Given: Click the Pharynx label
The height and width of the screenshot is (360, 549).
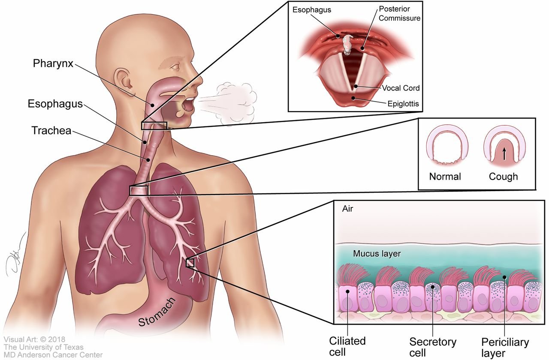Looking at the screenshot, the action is pos(53,64).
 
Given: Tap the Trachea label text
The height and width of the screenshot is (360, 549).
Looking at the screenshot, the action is pos(51,131).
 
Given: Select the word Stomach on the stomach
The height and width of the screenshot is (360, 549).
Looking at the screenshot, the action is pos(157,312).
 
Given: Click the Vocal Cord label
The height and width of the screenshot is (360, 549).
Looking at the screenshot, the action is pos(401,88).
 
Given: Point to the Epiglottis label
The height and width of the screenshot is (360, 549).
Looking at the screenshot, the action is pos(403,104).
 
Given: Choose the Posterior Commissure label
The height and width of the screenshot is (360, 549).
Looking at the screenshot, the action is pos(399,13).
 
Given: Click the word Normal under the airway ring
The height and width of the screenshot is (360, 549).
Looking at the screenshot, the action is pos(445,177).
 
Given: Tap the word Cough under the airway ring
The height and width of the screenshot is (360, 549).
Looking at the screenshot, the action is pos(504,177).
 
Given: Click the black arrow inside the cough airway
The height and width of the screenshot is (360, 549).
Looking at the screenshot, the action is pos(504,154).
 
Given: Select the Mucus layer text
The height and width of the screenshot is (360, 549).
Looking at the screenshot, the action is pos(377,254).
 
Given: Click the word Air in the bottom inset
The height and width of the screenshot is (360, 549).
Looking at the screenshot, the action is pos(347,209).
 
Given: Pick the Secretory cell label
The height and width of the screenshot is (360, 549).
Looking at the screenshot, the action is pos(433,347).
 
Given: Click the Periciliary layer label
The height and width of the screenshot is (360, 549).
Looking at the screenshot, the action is pos(505,348).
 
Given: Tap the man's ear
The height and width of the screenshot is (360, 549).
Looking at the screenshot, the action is pos(125,79).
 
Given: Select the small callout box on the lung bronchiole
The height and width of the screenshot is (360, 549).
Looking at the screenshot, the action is pos(190,263).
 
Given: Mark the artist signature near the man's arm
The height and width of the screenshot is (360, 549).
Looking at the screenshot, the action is pos(15,255).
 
